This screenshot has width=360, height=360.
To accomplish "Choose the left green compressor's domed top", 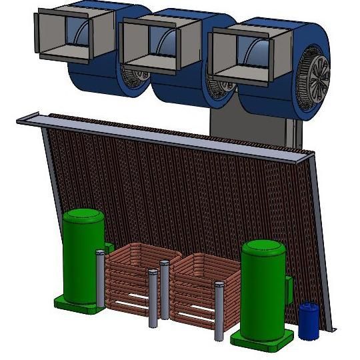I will pos(83,217).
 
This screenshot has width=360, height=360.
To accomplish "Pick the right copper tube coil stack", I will pos(197,287).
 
